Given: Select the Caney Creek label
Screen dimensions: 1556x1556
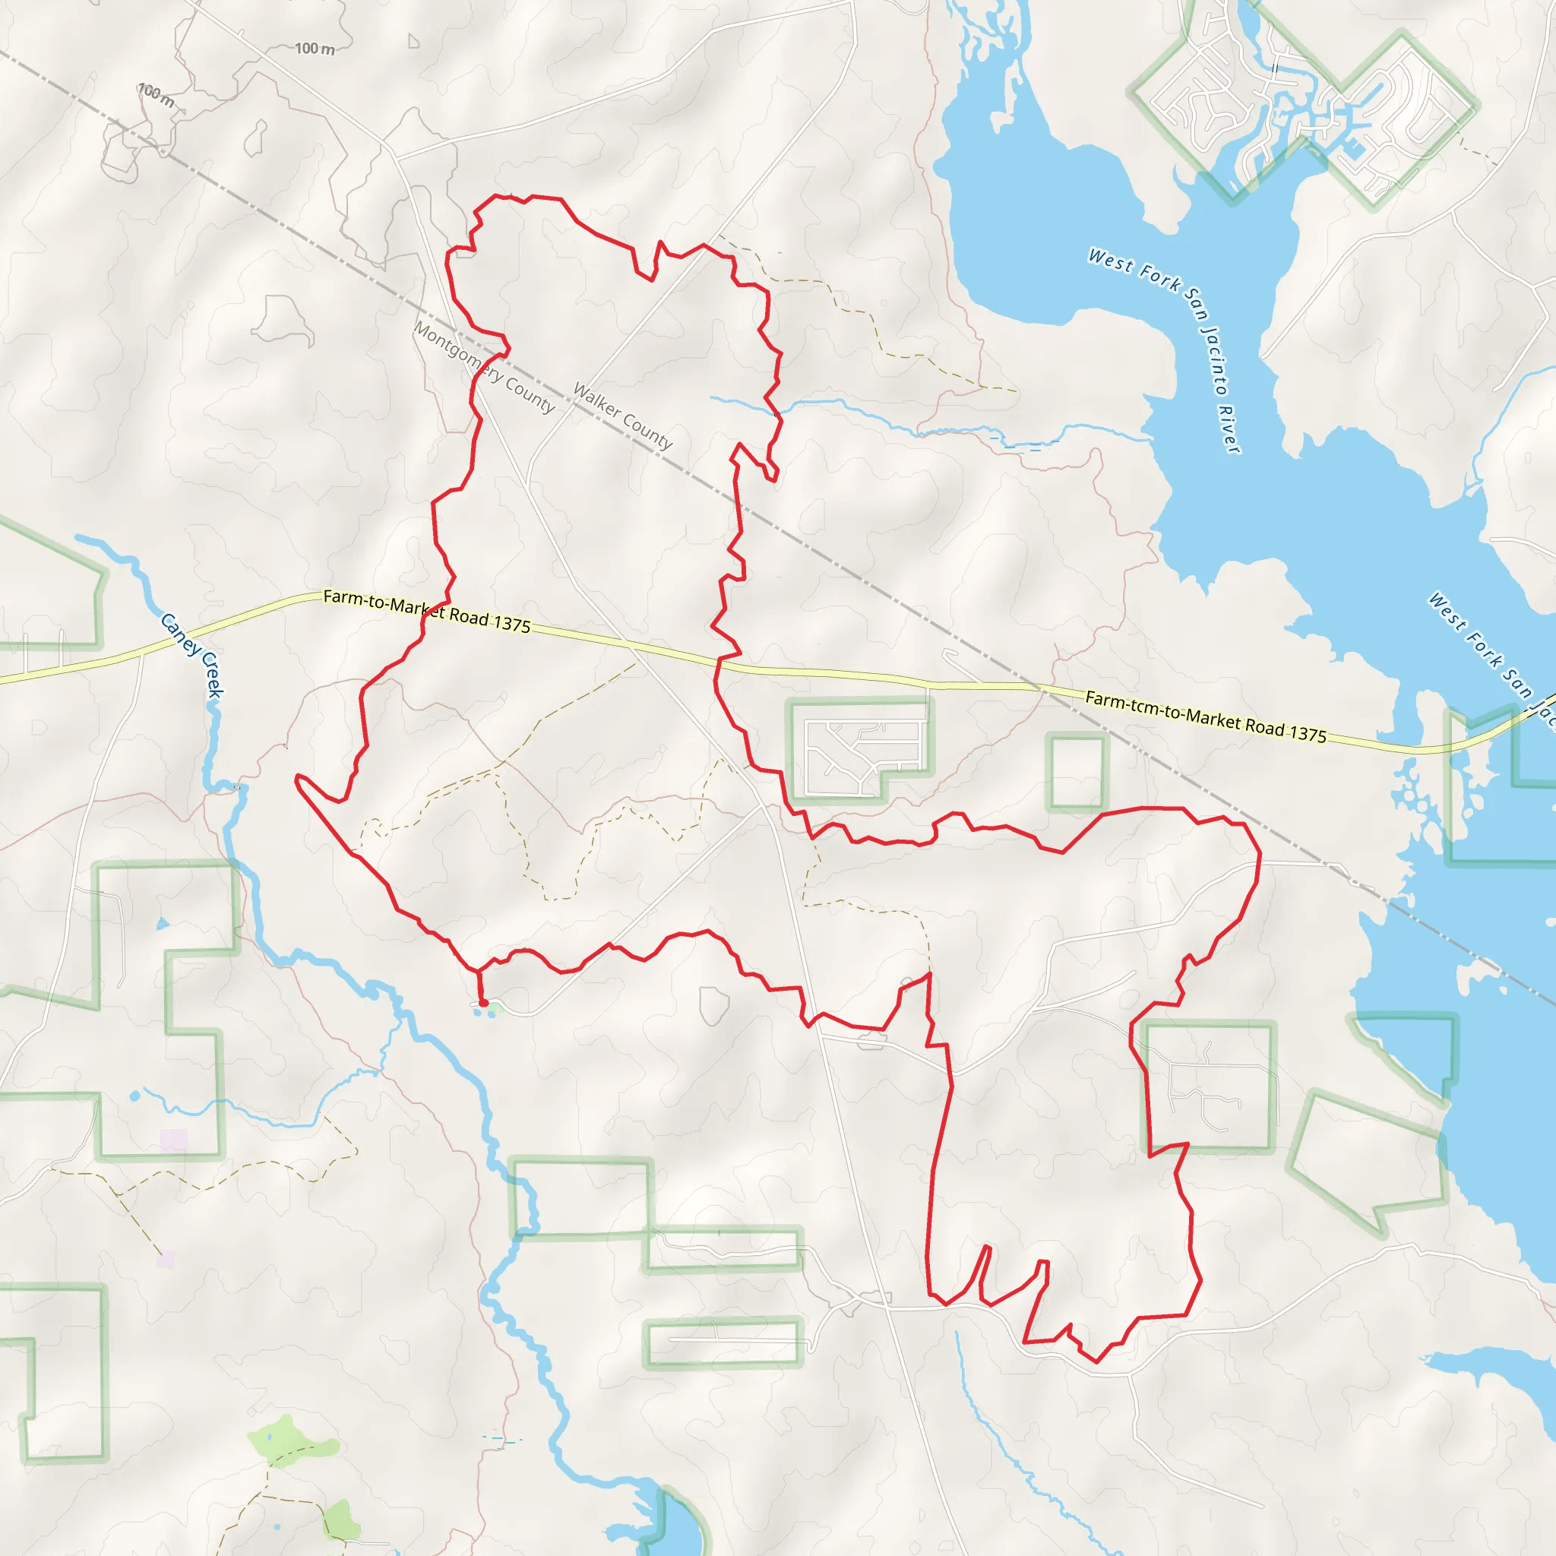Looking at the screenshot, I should pyautogui.click(x=191, y=655).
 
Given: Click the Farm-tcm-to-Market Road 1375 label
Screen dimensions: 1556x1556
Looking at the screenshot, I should pyautogui.click(x=1206, y=716).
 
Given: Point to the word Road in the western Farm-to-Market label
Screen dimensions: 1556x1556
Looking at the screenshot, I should pyautogui.click(x=470, y=617).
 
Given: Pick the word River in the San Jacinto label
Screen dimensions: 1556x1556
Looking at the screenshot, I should pyautogui.click(x=1229, y=429).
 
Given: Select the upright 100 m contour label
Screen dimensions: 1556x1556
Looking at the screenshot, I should pyautogui.click(x=314, y=49).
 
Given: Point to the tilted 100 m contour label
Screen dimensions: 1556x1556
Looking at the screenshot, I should pyautogui.click(x=156, y=95).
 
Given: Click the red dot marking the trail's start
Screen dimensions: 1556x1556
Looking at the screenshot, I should pyautogui.click(x=484, y=1004).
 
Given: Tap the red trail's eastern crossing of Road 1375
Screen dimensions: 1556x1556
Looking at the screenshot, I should pyautogui.click(x=716, y=665).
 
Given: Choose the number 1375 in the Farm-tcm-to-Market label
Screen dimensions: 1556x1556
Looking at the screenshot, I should pyautogui.click(x=1306, y=733).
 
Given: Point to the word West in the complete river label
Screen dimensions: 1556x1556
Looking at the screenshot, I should pyautogui.click(x=1110, y=259).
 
